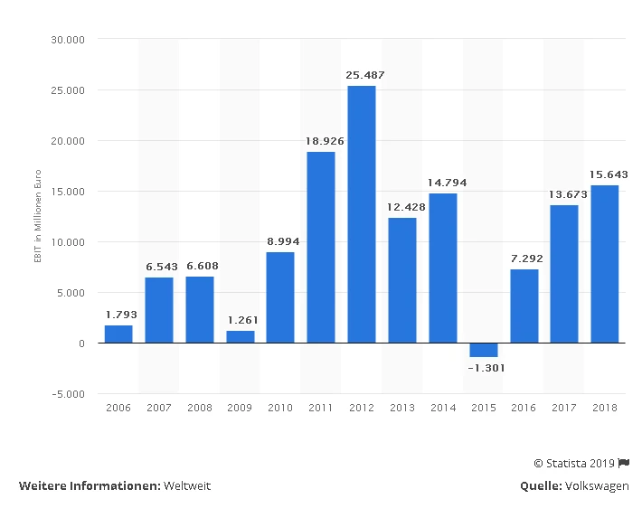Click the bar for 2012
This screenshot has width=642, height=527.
[x=361, y=214]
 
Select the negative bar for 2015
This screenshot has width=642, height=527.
[x=483, y=350]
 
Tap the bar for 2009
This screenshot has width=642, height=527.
[x=240, y=336]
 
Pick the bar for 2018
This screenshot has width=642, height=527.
[x=604, y=264]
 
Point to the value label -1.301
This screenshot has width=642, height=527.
[x=483, y=368]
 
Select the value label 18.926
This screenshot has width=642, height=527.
[x=321, y=141]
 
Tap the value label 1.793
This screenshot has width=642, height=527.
[x=118, y=315]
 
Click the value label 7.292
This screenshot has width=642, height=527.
[x=524, y=259]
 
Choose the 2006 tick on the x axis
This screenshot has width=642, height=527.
[x=118, y=408]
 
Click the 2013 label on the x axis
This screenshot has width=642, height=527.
[x=401, y=408]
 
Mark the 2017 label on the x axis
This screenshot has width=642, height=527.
[x=563, y=408]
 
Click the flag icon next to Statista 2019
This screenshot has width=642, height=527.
[x=624, y=463]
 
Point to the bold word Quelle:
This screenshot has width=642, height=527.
[x=540, y=485]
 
